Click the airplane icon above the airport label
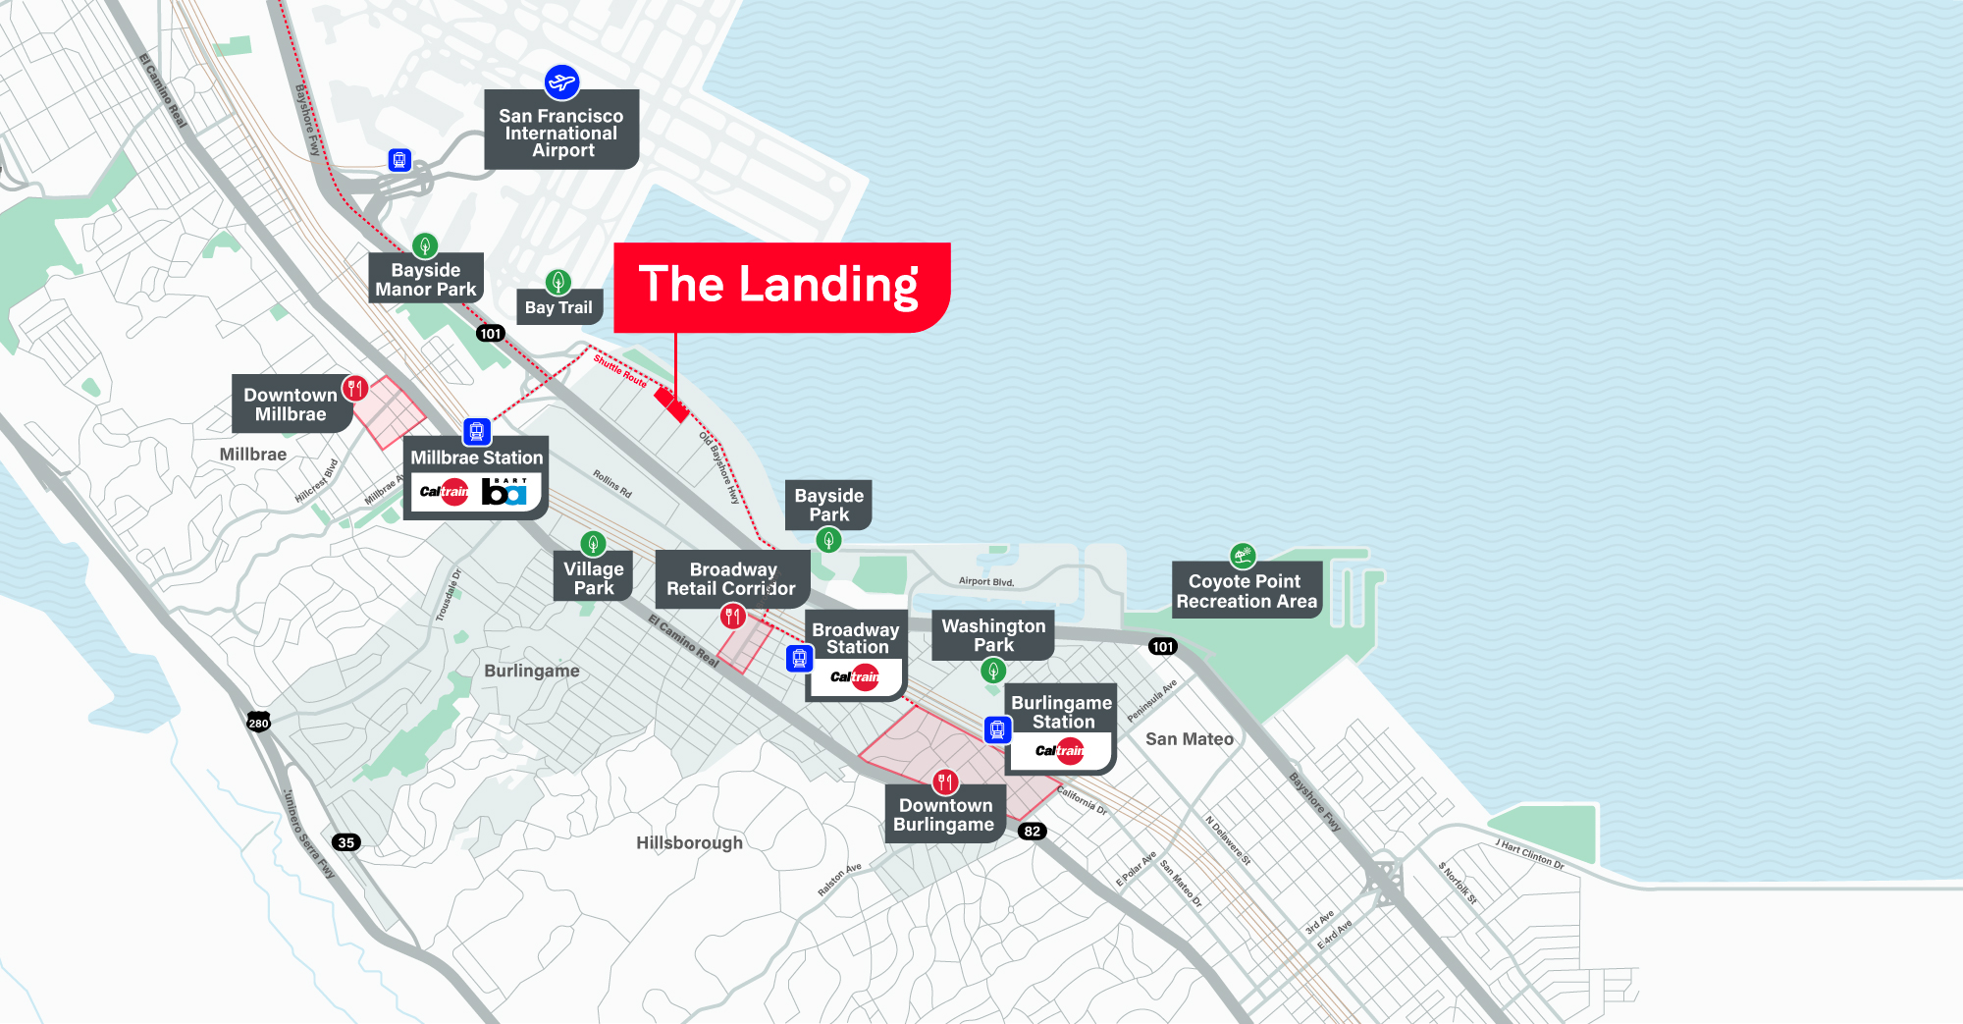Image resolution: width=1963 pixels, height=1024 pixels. pyautogui.click(x=561, y=82)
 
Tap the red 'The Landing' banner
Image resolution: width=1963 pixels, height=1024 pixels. pyautogui.click(x=780, y=287)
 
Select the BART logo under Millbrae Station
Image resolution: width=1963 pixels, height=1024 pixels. pyautogui.click(x=504, y=491)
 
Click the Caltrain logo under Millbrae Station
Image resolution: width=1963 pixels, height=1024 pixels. pyautogui.click(x=445, y=491)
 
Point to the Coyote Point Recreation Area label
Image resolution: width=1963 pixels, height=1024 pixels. pyautogui.click(x=1247, y=591)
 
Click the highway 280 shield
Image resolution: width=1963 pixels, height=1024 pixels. pyautogui.click(x=258, y=723)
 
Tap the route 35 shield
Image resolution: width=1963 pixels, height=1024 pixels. pyautogui.click(x=345, y=842)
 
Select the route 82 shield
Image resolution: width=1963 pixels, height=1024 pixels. pyautogui.click(x=1032, y=831)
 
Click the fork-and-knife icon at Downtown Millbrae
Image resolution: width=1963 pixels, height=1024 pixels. pyautogui.click(x=355, y=388)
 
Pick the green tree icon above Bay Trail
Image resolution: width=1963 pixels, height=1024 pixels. pyautogui.click(x=558, y=283)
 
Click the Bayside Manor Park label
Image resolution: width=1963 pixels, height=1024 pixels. pyautogui.click(x=426, y=280)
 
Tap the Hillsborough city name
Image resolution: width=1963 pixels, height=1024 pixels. pyautogui.click(x=689, y=842)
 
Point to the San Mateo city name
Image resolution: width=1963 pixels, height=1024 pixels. pyautogui.click(x=1189, y=739)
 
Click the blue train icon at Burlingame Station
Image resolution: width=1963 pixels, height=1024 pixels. pyautogui.click(x=997, y=729)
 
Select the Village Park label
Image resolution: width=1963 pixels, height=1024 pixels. pyautogui.click(x=594, y=578)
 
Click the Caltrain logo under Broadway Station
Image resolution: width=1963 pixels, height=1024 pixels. pyautogui.click(x=855, y=676)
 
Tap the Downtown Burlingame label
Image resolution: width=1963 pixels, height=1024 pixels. pyautogui.click(x=944, y=815)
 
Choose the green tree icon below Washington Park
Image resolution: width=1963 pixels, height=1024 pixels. pyautogui.click(x=993, y=671)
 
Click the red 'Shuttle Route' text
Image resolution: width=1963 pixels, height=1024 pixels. pyautogui.click(x=619, y=371)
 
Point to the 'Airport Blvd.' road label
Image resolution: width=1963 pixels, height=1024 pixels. pyautogui.click(x=985, y=581)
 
